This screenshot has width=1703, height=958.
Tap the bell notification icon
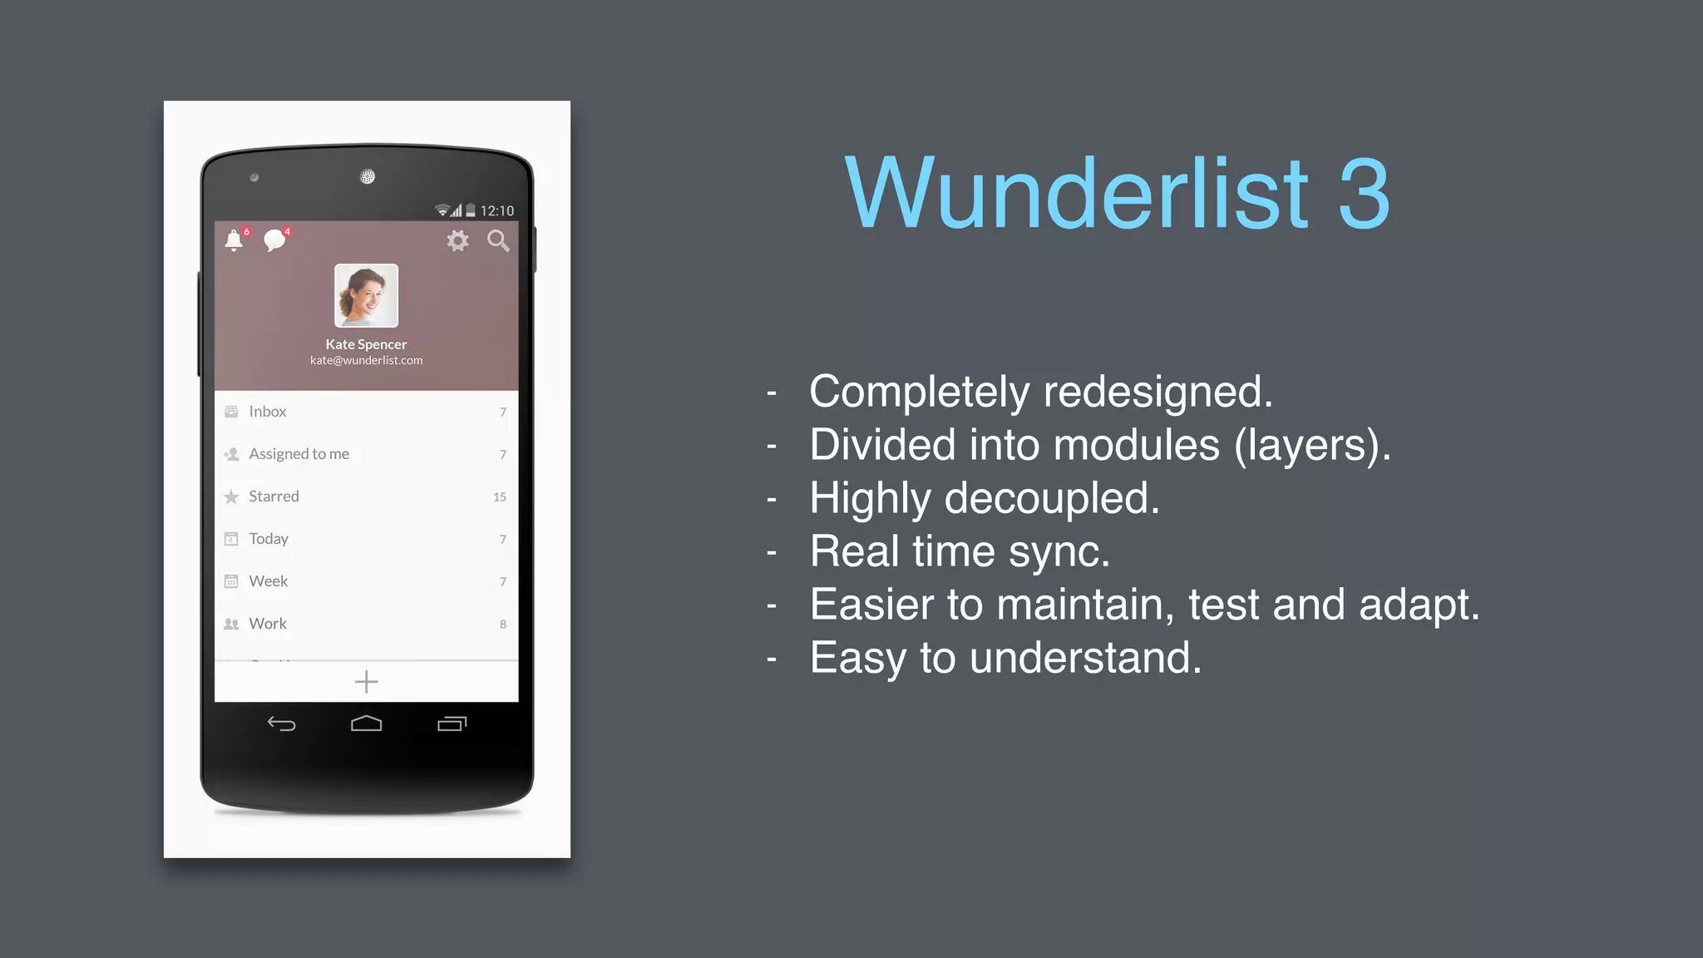234,241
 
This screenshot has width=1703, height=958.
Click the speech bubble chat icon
274,241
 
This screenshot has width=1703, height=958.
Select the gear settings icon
457,241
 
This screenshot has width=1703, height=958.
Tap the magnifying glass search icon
498,241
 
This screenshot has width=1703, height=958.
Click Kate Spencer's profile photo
366,295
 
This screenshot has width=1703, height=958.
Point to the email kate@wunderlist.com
366,360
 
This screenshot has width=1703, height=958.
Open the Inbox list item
267,412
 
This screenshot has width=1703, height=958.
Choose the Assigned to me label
299,454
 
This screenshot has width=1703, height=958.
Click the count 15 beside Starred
500,497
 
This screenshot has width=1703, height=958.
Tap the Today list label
268,539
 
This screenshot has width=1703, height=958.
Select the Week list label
268,581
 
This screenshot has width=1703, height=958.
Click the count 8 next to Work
503,625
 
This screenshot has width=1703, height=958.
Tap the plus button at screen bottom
366,683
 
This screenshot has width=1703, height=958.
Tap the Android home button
366,724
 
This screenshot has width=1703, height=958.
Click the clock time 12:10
497,211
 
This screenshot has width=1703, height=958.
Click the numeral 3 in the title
1364,195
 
